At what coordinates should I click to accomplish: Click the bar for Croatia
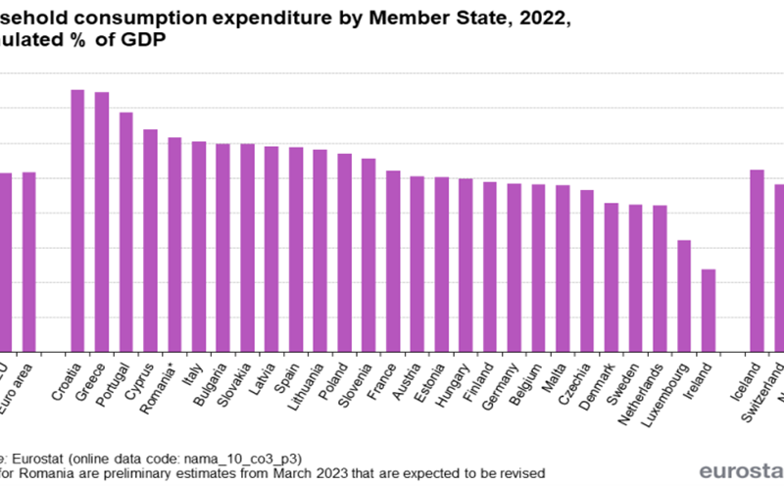coord(77,219)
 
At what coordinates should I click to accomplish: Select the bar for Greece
coord(102,221)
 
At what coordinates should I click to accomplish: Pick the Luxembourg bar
coord(684,295)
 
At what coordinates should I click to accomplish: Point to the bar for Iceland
coord(757,260)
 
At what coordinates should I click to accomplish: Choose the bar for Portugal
coord(126,231)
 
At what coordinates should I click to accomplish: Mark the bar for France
coord(393,261)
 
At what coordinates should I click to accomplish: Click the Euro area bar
coord(29,262)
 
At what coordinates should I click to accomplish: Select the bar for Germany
coord(514,267)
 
